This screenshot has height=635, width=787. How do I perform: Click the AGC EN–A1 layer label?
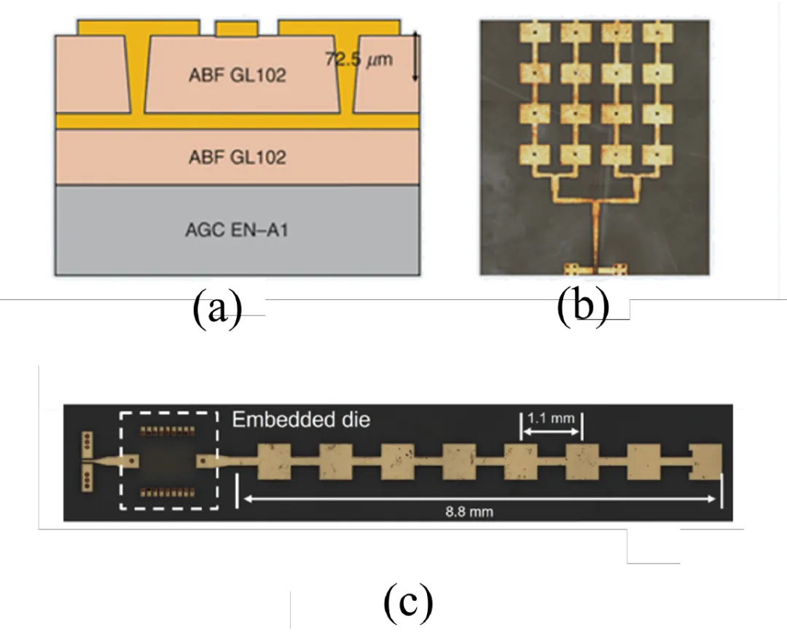[x=237, y=229]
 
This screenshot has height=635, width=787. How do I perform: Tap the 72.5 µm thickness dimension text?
[x=359, y=59]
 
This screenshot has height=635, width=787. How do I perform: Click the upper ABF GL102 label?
[x=238, y=75]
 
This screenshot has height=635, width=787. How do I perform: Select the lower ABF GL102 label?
[x=238, y=157]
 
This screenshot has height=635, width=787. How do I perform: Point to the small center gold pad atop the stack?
[x=237, y=28]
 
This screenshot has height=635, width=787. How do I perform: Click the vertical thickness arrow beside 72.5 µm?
[x=415, y=56]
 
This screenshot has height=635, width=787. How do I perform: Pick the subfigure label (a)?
[x=217, y=309]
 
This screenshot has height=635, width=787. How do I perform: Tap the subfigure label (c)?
[x=408, y=602]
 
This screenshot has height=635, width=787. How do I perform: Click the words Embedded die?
[x=301, y=419]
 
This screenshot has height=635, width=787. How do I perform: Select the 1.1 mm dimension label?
[x=551, y=418]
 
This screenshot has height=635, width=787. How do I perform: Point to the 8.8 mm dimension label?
[x=469, y=512]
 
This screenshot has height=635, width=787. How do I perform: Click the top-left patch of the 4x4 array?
[x=534, y=33]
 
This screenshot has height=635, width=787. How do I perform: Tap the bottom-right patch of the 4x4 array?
[x=657, y=155]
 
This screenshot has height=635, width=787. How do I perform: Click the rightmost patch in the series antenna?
[x=705, y=462]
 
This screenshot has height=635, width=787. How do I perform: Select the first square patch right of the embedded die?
[x=274, y=462]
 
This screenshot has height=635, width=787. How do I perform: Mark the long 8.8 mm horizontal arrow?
[x=479, y=499]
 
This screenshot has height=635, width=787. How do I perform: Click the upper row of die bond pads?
[x=167, y=431]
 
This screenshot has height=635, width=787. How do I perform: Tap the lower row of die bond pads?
[x=167, y=493]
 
